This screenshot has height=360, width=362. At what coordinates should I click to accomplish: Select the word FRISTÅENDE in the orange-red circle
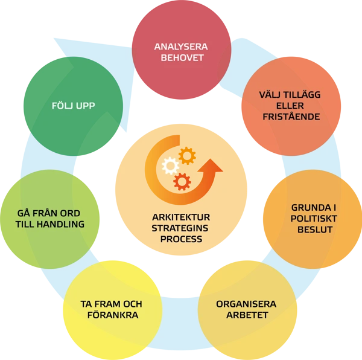click(282, 117)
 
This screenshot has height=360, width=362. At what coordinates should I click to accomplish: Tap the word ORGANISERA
click(246, 304)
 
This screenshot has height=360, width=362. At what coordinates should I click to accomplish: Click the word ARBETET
click(246, 315)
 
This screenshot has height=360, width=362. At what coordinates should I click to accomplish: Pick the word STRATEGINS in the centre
click(181, 228)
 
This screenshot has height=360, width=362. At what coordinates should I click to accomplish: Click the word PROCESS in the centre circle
click(181, 239)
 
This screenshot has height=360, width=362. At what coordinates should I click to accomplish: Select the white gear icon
click(171, 165)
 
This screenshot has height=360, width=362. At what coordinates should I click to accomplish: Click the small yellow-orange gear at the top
click(187, 156)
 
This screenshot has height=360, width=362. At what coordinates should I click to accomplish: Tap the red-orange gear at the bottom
click(182, 181)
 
